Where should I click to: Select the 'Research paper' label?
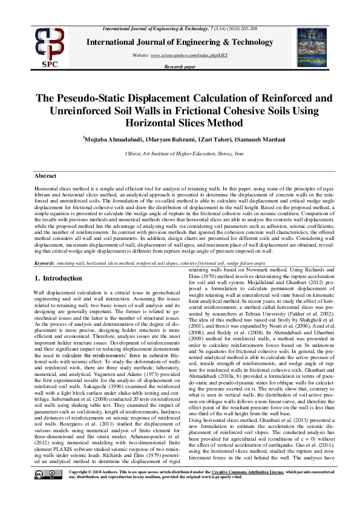pos(180,66)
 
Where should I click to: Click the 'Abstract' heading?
pos(45,175)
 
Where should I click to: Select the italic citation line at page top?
pos(189,29)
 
